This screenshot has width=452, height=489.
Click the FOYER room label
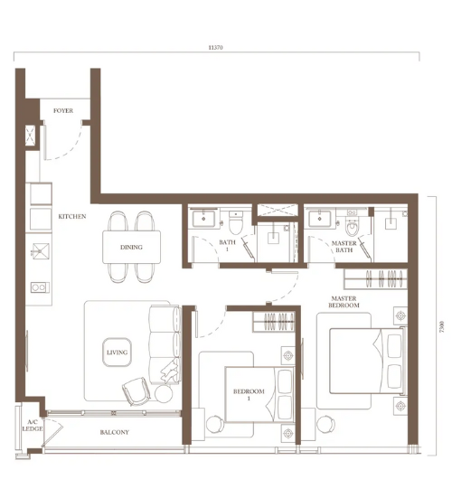point(63,110)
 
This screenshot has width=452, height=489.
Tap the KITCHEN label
point(72,216)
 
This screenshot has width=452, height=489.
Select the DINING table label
point(131,248)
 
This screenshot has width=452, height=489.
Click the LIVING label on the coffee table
point(117,353)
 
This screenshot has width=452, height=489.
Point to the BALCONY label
point(115,432)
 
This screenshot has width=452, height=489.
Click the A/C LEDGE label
point(33,426)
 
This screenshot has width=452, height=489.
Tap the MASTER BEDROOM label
point(344,302)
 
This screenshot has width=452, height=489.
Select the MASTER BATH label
point(344,247)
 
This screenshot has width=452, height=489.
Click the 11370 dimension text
point(215,48)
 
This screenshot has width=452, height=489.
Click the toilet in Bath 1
point(236,222)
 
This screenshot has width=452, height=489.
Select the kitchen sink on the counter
point(41,251)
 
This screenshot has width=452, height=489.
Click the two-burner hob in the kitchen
point(40,287)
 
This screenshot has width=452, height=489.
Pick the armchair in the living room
point(136,391)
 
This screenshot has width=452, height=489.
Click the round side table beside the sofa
point(164,393)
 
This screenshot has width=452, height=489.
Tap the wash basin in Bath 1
point(203,219)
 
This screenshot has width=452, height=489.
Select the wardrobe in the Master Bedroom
point(375,278)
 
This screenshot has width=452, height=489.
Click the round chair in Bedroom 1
point(215,424)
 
